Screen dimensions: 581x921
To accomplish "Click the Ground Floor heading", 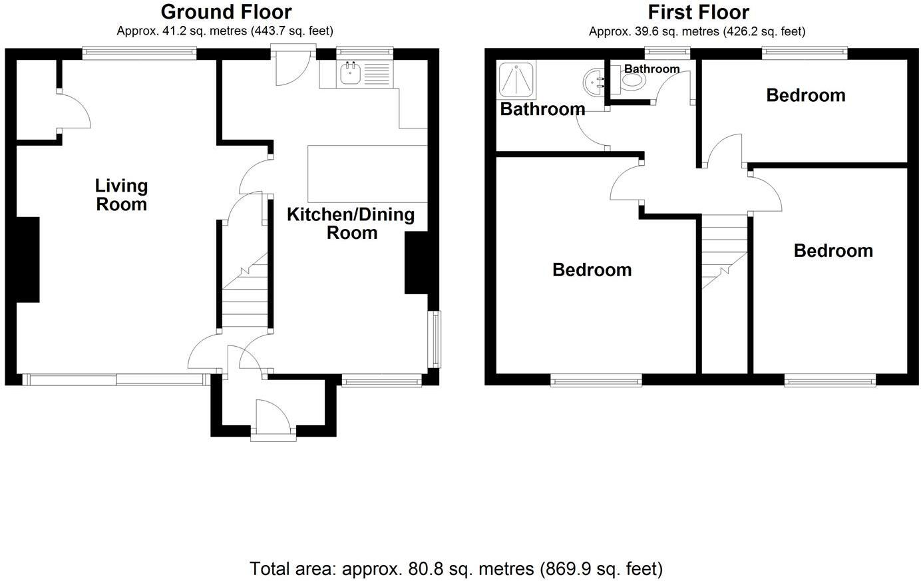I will (x=226, y=12).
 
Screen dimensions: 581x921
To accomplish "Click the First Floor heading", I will (x=698, y=12).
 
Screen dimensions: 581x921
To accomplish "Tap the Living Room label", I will (x=121, y=195).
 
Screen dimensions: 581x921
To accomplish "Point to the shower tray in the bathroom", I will (x=516, y=81).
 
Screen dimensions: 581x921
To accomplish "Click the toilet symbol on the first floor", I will (x=632, y=81).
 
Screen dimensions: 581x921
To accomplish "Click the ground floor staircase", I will (x=244, y=293).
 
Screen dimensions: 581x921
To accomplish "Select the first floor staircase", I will (x=724, y=253).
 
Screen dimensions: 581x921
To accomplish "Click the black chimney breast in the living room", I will (x=28, y=260).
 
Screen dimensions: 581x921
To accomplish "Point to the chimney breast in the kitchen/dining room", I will (x=416, y=263).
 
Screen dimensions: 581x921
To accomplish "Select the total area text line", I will (x=456, y=569).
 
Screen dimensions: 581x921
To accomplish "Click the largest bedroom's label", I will (x=592, y=270).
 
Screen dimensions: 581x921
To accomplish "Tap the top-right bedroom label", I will (x=805, y=95).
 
